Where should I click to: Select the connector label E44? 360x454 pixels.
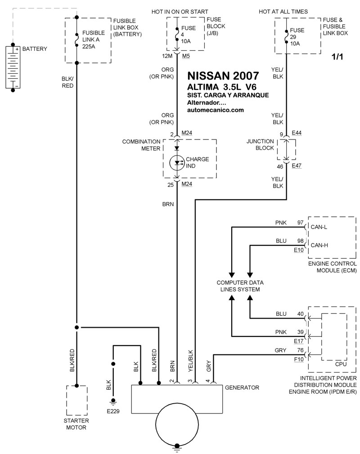pos(297,134)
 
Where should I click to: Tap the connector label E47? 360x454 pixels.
pos(297,166)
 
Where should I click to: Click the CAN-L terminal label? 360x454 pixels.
pos(319,227)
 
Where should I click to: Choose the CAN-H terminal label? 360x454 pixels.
pos(319,245)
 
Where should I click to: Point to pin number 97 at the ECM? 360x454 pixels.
pos(300,223)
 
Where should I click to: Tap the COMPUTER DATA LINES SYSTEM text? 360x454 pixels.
pos(240,286)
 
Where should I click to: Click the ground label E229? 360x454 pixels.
pos(113,410)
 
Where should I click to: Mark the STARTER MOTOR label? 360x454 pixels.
pos(76,424)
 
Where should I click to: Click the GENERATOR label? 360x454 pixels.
pos(242,387)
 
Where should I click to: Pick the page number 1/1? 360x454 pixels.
pos(337,57)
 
